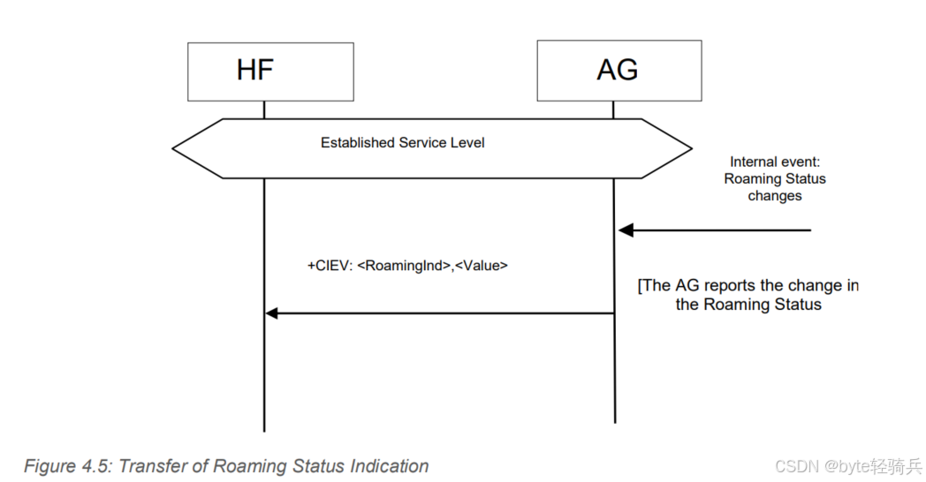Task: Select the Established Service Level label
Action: [402, 142]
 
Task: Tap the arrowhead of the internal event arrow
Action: [625, 230]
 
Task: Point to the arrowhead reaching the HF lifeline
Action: [272, 313]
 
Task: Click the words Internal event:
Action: [774, 162]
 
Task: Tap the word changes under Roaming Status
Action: [775, 196]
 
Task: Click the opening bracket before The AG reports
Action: [640, 286]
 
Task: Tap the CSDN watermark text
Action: [795, 466]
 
